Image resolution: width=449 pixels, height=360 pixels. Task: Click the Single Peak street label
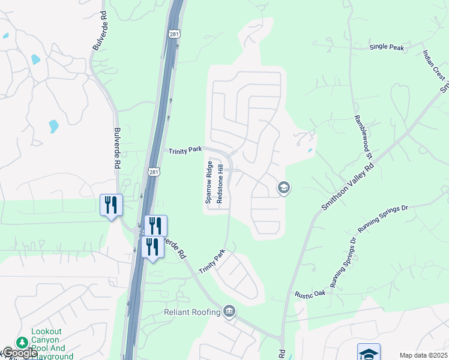pos(387,47)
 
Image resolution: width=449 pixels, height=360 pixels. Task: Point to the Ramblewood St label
pos(364,137)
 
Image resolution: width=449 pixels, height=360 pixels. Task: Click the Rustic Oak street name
pos(310,294)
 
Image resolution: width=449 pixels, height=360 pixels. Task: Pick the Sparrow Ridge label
pos(209,182)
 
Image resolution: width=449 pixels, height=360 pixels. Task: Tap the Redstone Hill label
pos(220,182)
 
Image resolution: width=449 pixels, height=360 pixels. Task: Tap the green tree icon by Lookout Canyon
pos(22,342)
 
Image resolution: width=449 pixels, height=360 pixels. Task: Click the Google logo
pos(19,353)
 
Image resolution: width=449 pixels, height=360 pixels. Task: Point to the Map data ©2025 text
pos(424,355)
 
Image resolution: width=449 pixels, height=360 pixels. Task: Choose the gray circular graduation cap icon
pos(283,188)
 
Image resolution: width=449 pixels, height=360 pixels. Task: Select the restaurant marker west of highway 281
pos(111,205)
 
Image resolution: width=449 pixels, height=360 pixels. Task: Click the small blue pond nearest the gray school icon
pos(310,150)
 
